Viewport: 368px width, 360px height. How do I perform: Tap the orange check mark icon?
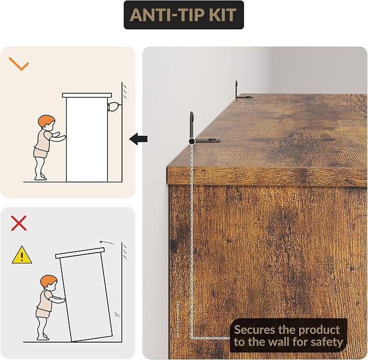click(x=19, y=64)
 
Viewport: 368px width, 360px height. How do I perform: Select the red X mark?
click(x=19, y=223)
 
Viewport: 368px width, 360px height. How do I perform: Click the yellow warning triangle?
click(x=22, y=255)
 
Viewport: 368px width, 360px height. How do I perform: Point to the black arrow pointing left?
click(x=138, y=139)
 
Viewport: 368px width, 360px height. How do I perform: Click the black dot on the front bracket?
click(x=192, y=141)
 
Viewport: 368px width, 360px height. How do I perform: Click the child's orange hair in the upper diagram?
click(x=46, y=120)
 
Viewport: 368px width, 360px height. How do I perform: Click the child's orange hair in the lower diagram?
click(x=48, y=280)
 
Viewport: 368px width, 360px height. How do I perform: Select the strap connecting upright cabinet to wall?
click(x=114, y=106)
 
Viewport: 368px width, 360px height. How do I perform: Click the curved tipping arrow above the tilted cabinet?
click(x=107, y=242)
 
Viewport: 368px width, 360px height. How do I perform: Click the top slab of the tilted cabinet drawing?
click(x=80, y=253)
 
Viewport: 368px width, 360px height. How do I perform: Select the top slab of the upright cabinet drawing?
click(x=87, y=95)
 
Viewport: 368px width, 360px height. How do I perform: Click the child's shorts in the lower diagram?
click(x=43, y=313)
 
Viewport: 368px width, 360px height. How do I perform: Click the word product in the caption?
click(x=319, y=331)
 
